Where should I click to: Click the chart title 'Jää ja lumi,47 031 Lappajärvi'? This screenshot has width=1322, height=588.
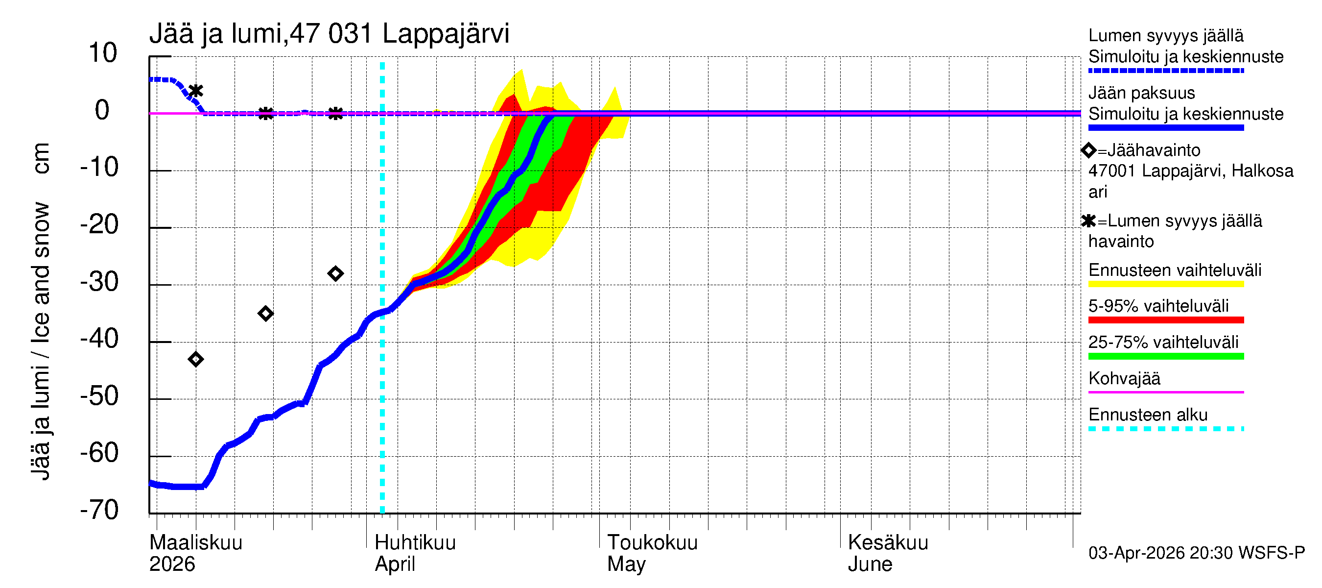point(329,34)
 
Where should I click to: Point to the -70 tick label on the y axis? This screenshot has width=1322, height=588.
point(99,510)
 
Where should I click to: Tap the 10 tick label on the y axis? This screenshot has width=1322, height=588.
point(103,53)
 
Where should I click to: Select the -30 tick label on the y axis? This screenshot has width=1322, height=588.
point(99,281)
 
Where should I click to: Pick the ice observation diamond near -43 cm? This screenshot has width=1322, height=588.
point(195,359)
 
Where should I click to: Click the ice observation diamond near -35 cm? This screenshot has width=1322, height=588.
point(265,313)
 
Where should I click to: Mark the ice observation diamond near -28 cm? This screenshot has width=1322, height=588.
point(335,274)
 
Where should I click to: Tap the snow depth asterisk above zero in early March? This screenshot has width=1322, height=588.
point(195,91)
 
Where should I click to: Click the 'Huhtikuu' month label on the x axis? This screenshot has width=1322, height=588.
point(415,543)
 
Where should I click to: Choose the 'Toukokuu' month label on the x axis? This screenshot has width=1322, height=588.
point(652,543)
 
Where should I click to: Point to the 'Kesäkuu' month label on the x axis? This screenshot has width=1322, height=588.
point(888,543)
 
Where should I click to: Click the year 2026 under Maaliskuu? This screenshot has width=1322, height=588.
point(172,564)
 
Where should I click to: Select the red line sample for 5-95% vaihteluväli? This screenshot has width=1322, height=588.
point(1165,320)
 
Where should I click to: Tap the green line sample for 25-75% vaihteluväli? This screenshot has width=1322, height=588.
point(1165,356)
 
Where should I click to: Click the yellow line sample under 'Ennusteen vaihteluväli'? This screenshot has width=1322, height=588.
point(1165,284)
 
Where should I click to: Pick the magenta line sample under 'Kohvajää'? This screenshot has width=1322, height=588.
point(1165,392)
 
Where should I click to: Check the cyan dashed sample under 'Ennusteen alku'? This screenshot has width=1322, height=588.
point(1165,428)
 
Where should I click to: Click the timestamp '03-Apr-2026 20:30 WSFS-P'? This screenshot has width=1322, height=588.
point(1196,553)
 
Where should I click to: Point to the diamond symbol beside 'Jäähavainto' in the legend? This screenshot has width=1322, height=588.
point(1088,150)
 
